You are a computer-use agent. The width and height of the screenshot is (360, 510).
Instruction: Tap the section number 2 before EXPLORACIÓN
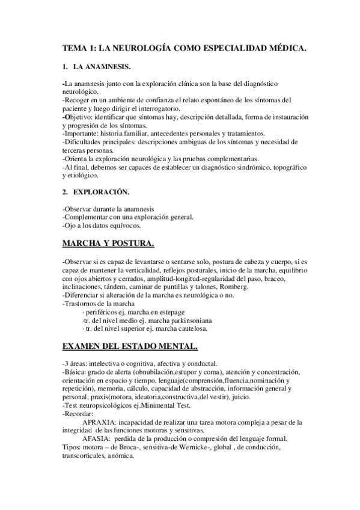pos(64,192)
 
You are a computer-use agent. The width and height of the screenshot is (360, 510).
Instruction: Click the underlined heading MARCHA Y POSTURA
pos(108,244)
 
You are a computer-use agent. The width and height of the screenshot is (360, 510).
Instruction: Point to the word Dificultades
pos(84,142)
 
